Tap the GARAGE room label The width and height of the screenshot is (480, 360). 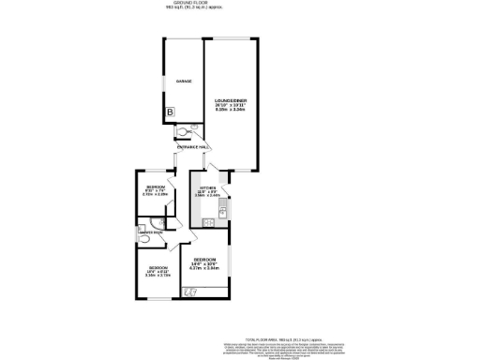point(184,82)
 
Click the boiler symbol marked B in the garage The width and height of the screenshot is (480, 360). point(170,112)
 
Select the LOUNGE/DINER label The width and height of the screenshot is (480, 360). point(230,99)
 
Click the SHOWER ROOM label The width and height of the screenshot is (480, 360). point(151,232)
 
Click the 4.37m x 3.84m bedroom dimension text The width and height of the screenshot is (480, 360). point(205,268)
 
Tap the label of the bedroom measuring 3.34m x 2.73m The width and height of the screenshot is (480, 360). point(157,271)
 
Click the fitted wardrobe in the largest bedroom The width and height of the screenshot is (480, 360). point(190,293)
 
